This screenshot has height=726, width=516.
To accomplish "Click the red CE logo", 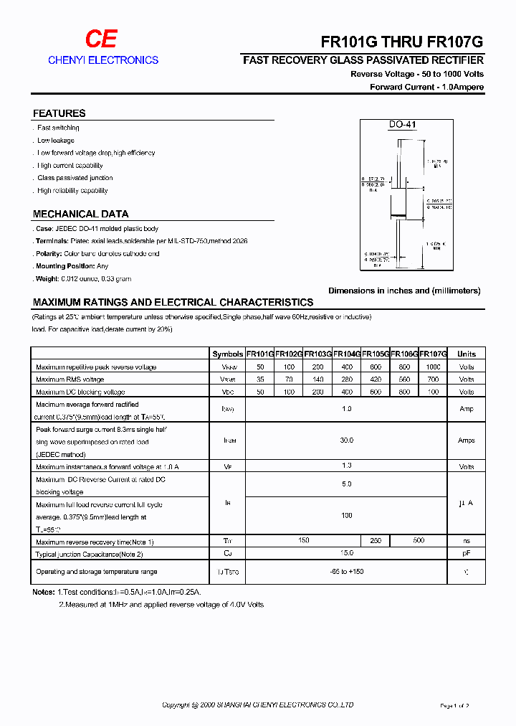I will [x=101, y=40].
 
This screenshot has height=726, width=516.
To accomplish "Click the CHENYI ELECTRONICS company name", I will [x=103, y=60].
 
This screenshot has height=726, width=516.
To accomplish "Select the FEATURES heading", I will [x=59, y=113].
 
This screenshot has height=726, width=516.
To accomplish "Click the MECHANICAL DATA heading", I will [x=80, y=214].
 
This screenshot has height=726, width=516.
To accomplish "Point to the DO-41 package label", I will [x=402, y=125].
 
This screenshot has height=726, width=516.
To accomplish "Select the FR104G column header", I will [x=346, y=354].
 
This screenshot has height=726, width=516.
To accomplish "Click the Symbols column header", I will [x=227, y=354].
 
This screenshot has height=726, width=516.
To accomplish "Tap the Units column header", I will [x=466, y=354].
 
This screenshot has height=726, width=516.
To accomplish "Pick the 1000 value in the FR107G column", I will [x=433, y=367].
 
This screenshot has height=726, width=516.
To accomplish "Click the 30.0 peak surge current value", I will [x=346, y=440].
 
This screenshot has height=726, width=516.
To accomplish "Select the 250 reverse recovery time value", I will [x=375, y=540].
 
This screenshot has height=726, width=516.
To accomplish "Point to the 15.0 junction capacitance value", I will [x=346, y=553].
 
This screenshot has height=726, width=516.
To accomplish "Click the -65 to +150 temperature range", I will [x=346, y=572].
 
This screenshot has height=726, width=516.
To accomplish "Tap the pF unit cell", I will [x=466, y=553].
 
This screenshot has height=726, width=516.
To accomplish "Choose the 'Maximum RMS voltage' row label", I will [x=70, y=379].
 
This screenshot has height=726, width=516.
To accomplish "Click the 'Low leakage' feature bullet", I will [x=55, y=141].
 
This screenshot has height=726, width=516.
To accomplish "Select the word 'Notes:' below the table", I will [x=43, y=592].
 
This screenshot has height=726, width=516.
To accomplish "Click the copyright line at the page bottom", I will [x=258, y=705].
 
